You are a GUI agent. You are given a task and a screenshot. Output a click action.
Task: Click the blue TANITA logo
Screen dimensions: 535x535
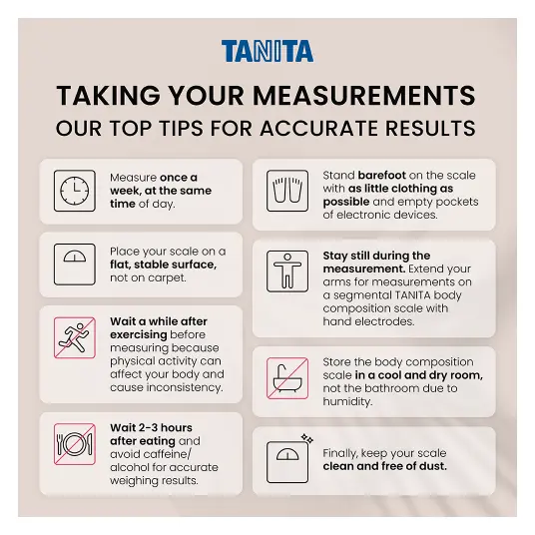[x=267, y=51]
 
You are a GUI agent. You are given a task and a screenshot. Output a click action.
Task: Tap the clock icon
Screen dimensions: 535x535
[x=75, y=191]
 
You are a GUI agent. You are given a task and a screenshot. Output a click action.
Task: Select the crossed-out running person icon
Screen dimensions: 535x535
[x=75, y=337]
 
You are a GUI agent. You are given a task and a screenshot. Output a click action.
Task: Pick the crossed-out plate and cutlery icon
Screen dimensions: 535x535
[x=75, y=444]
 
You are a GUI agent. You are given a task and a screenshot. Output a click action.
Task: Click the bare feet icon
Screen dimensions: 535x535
[x=287, y=191]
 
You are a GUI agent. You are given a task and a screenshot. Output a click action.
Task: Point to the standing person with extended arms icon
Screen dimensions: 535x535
[x=287, y=271]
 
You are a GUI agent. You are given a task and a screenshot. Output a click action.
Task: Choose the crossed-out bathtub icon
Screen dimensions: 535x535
[x=287, y=378]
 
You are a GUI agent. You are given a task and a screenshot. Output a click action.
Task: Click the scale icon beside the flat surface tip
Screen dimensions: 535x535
[x=75, y=265]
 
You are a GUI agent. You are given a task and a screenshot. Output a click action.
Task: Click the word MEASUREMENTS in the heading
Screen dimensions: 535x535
[x=364, y=96]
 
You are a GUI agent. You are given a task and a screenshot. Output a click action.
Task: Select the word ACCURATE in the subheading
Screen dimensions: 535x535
[x=319, y=129]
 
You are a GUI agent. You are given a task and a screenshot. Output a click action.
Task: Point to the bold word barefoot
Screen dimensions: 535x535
[x=382, y=175]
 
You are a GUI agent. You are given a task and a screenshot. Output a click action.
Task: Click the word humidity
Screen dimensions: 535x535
[x=346, y=401]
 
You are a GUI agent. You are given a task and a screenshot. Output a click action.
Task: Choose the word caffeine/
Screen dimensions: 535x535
[x=167, y=454]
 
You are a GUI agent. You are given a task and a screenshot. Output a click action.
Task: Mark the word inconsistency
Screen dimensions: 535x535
[x=185, y=387]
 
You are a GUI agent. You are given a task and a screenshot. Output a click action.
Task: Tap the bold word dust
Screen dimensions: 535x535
[x=432, y=466]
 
